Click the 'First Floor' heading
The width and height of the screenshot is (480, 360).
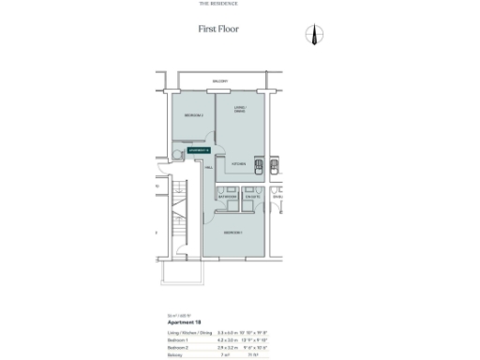pos(217,29)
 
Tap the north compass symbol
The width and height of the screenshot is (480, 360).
pos(314,35)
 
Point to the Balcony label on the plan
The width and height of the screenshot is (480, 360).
pos(219,82)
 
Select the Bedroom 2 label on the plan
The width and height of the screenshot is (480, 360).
pos(194,115)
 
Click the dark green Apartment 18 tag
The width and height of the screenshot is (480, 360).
pos(200,149)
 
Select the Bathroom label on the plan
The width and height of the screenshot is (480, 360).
pos(228,197)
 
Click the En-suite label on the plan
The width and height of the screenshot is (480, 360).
pos(251,197)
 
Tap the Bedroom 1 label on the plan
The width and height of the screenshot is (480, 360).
pos(233,232)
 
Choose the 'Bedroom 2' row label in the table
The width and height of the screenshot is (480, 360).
pos(165,346)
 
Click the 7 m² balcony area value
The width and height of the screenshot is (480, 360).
pos(226,353)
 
